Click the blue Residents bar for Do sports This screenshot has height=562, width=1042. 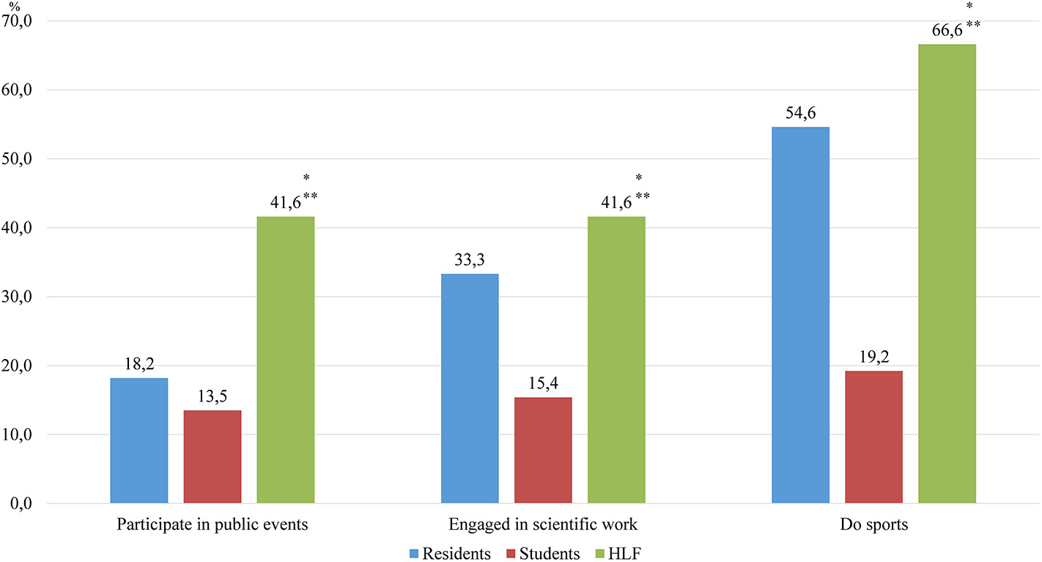click(x=801, y=315)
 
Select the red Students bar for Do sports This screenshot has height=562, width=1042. click(x=873, y=437)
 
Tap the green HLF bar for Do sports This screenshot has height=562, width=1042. click(x=947, y=274)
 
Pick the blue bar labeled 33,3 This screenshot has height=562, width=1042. click(x=470, y=388)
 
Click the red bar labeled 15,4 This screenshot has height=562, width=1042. click(x=543, y=450)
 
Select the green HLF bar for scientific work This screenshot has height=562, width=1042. click(x=616, y=360)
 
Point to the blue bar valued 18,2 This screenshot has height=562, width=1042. click(x=139, y=440)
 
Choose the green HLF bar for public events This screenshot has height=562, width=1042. click(x=285, y=360)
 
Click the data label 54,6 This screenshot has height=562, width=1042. click(x=801, y=114)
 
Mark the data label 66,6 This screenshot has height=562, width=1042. click(x=940, y=32)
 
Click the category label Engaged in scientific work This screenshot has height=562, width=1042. click(x=543, y=525)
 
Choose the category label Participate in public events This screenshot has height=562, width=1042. click(x=213, y=525)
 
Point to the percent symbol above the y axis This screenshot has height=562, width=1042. click(x=14, y=6)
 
